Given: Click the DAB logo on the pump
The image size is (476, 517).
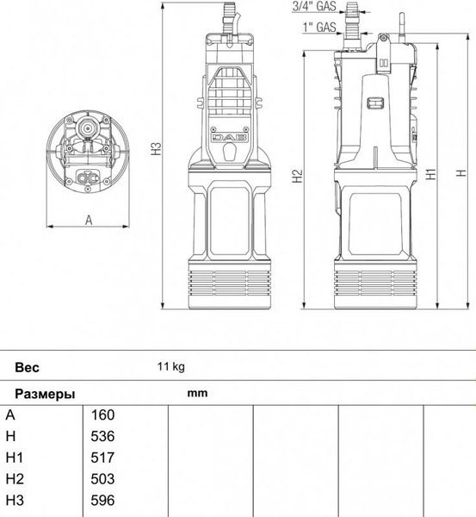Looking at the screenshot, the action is coord(230,138).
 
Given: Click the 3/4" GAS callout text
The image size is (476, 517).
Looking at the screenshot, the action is coord(314,6).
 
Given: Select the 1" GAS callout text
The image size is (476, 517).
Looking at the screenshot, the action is coord(319,27).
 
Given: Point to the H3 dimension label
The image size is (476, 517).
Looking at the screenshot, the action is coord(157,149).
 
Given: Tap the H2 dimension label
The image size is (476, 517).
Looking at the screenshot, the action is coord(297,176).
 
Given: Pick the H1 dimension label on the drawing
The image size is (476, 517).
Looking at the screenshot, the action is coord(431,174).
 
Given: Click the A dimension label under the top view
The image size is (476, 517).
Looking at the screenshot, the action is coord(89,221).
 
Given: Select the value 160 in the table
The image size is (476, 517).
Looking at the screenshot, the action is coord(102,414).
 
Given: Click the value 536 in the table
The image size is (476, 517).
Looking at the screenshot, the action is coord(102,436).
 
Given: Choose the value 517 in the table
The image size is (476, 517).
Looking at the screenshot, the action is coord(102,458).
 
